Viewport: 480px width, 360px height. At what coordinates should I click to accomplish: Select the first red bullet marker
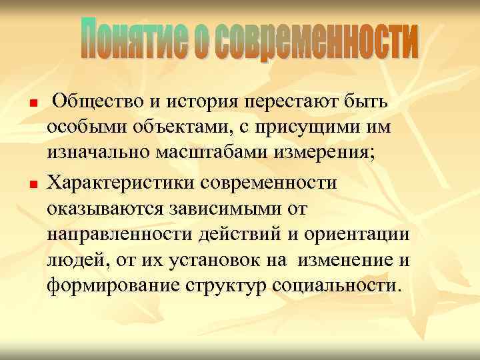coord(31,105)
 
